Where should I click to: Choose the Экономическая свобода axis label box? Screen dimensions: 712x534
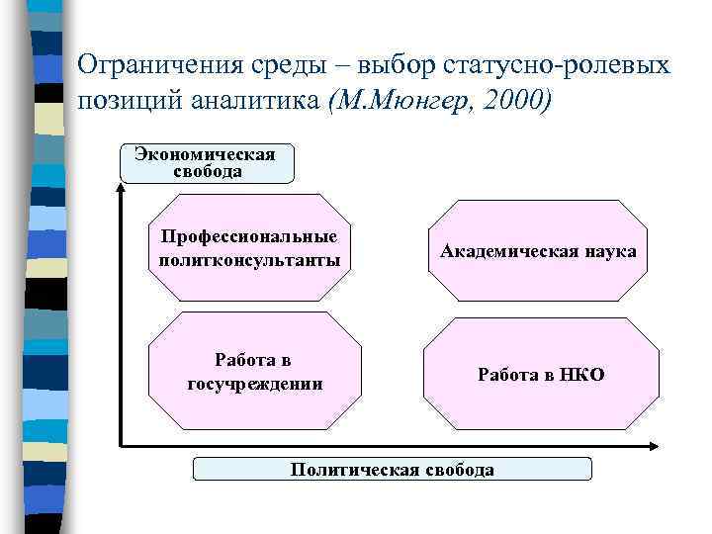(x=206, y=163)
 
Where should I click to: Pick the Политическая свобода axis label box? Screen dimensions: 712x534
(x=392, y=469)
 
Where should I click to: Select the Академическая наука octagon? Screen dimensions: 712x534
(x=538, y=250)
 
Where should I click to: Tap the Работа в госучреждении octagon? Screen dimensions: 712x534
(x=255, y=371)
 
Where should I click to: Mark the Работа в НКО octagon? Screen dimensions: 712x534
(x=541, y=374)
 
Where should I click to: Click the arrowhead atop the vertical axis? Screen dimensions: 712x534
(x=121, y=189)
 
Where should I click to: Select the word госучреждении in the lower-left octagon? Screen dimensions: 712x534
(x=255, y=383)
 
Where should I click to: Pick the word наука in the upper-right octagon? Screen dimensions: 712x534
(x=609, y=251)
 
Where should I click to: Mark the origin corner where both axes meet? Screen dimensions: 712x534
(x=121, y=445)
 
